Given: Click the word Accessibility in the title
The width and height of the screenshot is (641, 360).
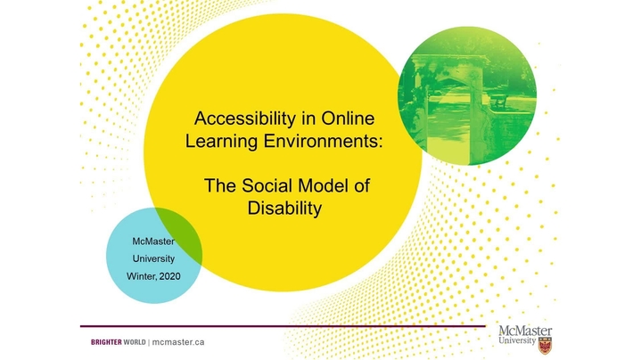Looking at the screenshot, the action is point(244,119).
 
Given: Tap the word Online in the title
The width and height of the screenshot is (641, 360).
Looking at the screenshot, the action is point(348,119).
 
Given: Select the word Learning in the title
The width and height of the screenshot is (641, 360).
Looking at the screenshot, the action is point(222,142).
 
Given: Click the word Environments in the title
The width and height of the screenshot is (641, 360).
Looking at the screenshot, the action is point(323,141).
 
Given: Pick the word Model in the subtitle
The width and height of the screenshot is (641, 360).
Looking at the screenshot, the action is point(323,185).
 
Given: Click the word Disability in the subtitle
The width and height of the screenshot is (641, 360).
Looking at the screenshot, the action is point(284,209).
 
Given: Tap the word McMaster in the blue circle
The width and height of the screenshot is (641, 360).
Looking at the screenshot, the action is point(153,241).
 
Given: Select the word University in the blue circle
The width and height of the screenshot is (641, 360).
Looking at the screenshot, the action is point(153,259).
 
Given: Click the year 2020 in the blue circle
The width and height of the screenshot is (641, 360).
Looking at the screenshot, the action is point(169,276).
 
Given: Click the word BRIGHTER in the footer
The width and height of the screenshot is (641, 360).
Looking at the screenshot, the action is point(106,342).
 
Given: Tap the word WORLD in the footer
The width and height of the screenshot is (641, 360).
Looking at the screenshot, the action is point(135,342).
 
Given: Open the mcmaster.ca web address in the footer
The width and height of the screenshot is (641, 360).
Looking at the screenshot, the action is point(178,342).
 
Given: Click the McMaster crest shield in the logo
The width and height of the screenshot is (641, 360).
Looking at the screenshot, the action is point(545,346).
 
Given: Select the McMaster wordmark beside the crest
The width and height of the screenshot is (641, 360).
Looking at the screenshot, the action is point(525,335).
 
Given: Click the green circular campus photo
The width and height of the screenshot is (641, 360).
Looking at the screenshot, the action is point(467,95).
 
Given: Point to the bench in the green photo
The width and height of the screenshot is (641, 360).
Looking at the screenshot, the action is point(499,101).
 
